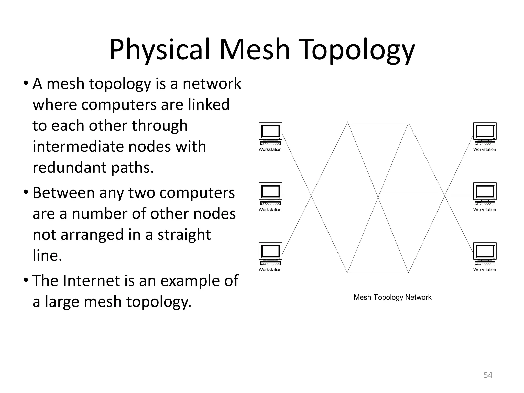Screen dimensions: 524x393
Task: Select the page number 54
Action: (488, 375)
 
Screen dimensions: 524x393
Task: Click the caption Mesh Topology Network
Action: (392, 297)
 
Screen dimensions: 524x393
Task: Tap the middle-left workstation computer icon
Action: (270, 194)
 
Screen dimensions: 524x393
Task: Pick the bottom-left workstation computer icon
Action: (270, 254)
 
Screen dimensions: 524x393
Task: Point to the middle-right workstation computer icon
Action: (485, 194)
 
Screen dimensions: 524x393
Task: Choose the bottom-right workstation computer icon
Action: (485, 254)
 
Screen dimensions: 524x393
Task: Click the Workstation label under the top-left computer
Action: (270, 150)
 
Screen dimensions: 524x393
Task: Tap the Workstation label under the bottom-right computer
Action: (484, 270)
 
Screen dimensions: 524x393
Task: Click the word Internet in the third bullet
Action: (91, 281)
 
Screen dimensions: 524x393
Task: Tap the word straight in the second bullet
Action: (184, 235)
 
